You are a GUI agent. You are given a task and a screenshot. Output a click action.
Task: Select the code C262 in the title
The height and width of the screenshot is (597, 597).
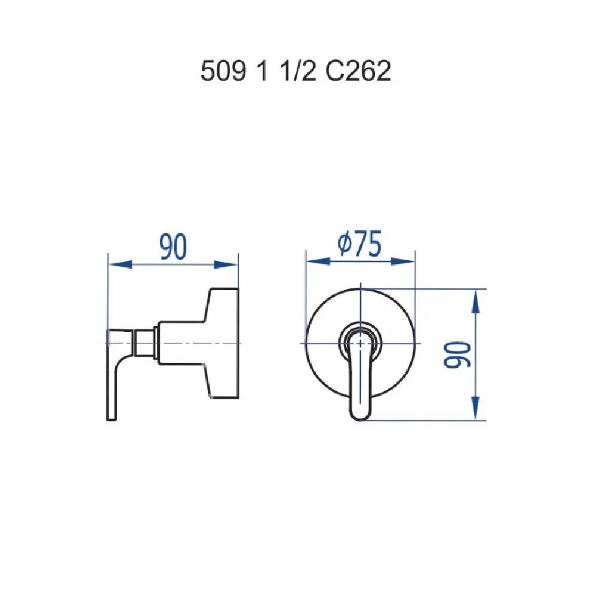(x=358, y=72)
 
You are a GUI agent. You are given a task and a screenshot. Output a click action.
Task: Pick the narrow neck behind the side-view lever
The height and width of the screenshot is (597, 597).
(x=144, y=344)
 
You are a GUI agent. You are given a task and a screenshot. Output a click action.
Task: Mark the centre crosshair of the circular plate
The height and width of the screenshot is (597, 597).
(x=361, y=344)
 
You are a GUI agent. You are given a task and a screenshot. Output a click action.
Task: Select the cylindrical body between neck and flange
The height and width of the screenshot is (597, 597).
(x=179, y=343)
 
